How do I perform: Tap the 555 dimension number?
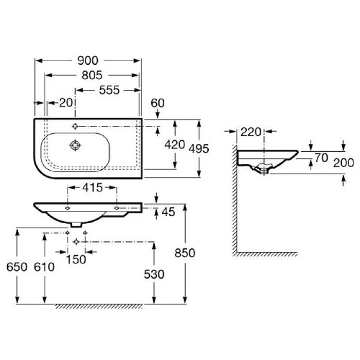coord(109,90)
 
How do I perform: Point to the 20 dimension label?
coord(65,102)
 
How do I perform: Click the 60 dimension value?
coord(158,103)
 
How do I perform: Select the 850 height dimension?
coord(185,253)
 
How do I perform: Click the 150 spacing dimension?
coord(77,260)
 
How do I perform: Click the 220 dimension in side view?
coord(251,132)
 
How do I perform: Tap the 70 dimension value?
coord(321,158)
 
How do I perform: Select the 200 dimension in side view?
coord(344,163)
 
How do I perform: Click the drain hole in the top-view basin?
coord(76,146)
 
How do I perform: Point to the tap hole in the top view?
coord(76,126)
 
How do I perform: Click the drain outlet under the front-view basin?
coord(75,225)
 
